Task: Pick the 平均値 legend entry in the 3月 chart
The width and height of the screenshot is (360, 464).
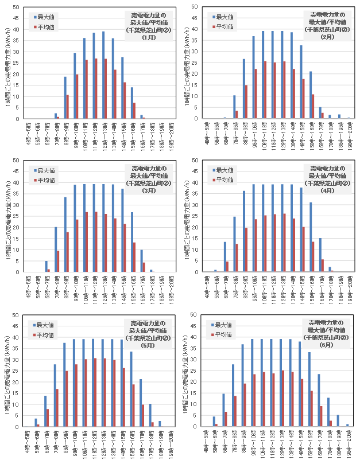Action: click(x=45, y=180)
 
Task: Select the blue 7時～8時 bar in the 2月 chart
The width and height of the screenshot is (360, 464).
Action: click(x=234, y=107)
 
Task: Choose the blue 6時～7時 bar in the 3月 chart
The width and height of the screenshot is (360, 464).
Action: click(x=45, y=266)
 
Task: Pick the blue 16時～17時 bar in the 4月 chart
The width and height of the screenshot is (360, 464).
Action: click(x=320, y=255)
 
